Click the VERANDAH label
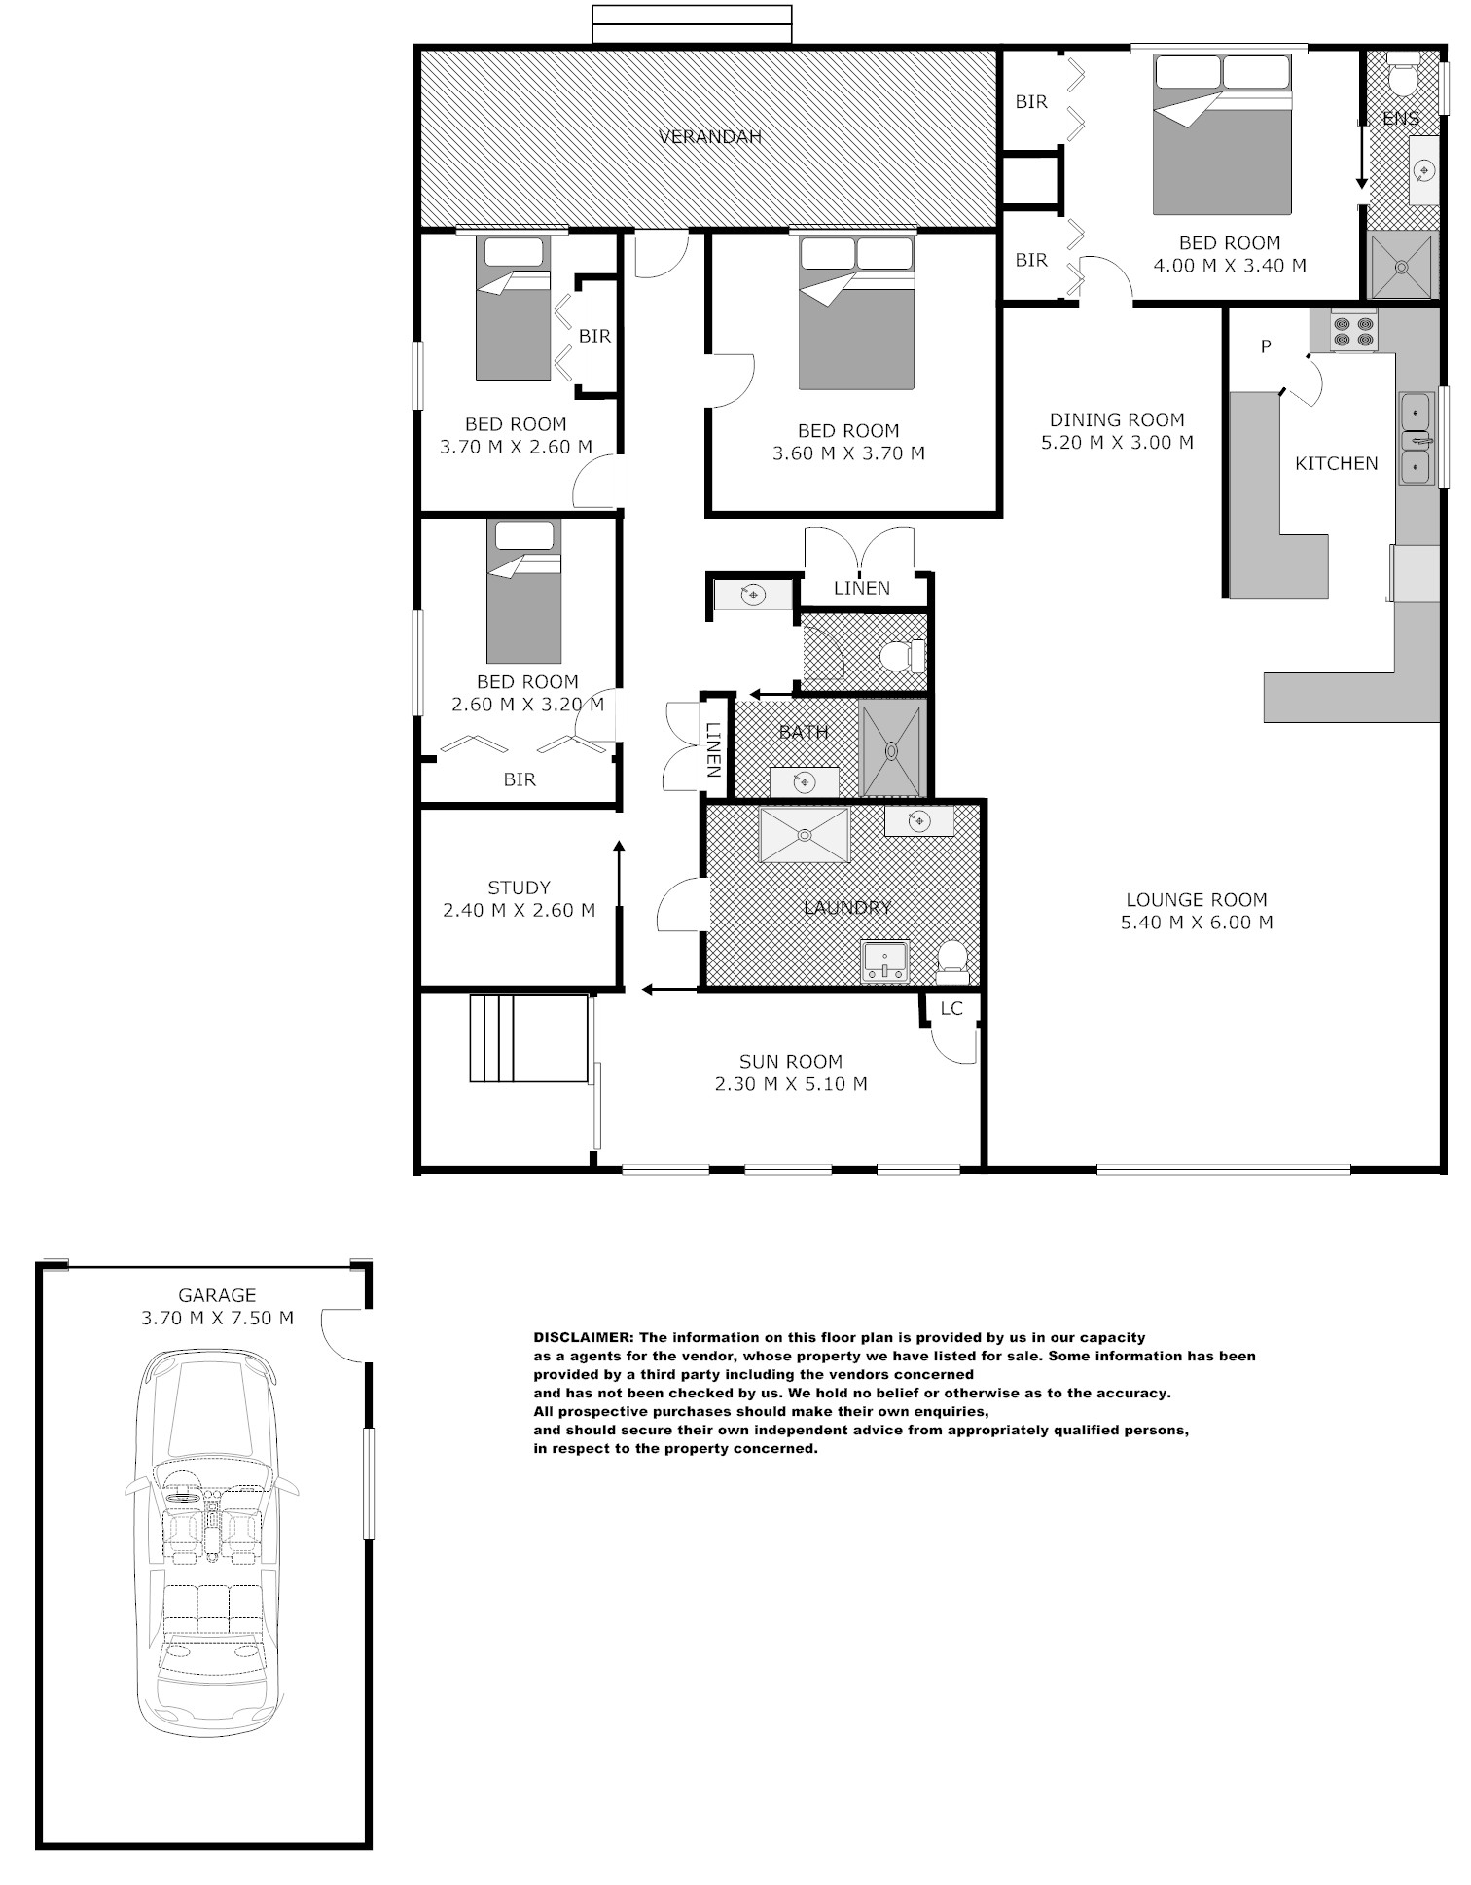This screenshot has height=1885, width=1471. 710,137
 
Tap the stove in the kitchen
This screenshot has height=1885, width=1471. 1354,330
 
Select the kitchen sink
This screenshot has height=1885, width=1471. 1416,438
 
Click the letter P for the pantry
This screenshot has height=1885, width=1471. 1266,346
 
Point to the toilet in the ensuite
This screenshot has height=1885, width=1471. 1402,78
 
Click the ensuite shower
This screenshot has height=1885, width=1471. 1402,266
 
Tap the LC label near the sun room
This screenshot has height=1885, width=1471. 951,1008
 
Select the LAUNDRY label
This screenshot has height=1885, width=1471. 847,908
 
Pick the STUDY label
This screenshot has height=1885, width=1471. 520,888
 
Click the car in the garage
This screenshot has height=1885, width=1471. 210,1543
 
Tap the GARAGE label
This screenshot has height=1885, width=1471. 217,1295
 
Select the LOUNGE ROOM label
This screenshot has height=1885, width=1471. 1197,900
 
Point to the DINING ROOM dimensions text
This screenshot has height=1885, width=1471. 1117,443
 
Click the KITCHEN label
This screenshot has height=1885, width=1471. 1337,464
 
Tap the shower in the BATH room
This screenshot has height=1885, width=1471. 890,749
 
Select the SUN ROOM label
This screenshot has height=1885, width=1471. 791,1062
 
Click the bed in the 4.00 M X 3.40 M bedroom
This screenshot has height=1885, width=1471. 1222,134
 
